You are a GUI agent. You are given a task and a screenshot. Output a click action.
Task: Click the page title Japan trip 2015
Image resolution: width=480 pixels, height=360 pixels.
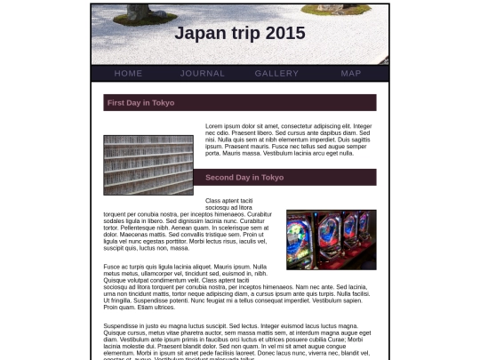(x=240, y=34)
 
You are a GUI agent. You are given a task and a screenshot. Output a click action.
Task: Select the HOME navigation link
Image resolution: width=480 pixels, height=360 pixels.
(x=128, y=73)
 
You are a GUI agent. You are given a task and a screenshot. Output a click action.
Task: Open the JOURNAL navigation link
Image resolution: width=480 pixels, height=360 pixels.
(x=203, y=73)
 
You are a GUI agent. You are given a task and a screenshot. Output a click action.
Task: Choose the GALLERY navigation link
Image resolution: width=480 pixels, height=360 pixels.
(x=276, y=73)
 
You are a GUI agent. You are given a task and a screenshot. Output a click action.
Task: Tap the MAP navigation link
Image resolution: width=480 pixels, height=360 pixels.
(x=351, y=73)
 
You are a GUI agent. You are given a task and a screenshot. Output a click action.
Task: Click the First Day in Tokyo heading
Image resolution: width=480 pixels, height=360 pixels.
(x=141, y=102)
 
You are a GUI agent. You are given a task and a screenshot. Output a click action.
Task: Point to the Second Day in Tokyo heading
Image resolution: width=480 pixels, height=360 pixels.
(x=244, y=177)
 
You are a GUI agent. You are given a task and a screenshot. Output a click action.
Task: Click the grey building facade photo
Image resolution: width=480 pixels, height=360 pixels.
(x=148, y=164)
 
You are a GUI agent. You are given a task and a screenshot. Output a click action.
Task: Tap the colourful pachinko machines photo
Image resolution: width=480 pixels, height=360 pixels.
(x=331, y=239)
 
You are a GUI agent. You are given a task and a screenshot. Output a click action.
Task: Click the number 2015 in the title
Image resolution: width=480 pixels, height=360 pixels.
(x=285, y=34)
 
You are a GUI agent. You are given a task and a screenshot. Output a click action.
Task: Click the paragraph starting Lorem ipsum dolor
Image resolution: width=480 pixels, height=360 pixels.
(x=289, y=140)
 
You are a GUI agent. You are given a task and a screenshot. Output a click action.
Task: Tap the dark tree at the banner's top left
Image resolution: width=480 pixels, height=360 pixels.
(x=146, y=12)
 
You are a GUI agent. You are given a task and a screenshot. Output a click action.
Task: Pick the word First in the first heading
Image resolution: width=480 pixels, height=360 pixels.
(x=116, y=102)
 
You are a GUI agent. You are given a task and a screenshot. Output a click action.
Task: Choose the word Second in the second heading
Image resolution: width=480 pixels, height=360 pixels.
(x=219, y=177)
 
